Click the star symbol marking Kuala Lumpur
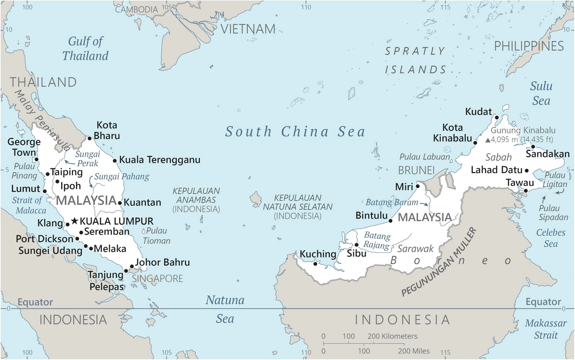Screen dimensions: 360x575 [x=74, y=221]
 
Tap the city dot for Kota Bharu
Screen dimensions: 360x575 [x=90, y=138]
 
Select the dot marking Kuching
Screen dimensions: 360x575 [x=315, y=264]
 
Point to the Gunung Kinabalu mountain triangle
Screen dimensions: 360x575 [x=488, y=140]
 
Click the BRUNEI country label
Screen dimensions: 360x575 [x=416, y=170]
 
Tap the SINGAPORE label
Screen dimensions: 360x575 [x=157, y=279]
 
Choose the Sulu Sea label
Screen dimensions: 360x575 [x=541, y=93]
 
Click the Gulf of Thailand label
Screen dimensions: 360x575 [x=85, y=48]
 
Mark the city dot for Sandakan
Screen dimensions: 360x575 [x=533, y=147]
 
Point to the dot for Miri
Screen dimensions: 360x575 [x=418, y=186]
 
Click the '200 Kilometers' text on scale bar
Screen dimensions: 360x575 [x=392, y=336]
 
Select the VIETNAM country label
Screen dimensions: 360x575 [x=248, y=29]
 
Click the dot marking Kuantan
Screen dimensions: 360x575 [x=120, y=203]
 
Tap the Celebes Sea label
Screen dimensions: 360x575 [x=551, y=238]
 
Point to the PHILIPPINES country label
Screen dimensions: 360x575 [x=529, y=46]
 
